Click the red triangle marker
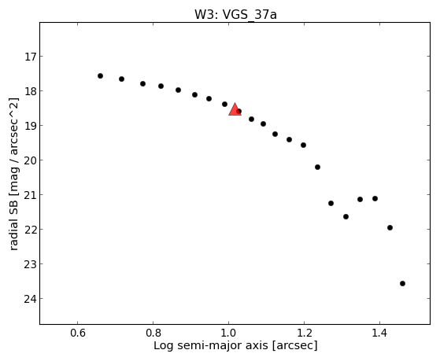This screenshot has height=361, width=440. coord(235,109)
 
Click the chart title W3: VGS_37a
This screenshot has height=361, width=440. coord(235,14)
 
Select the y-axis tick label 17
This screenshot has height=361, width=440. coord(30,57)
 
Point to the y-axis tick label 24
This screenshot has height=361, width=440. coord(30,299)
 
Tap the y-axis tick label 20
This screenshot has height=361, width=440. coord(30,160)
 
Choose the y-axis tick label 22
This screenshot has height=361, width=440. coord(30,230)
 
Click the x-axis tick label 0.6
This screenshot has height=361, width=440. coord(78,333)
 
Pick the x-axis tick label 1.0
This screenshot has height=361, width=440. coord(229,333)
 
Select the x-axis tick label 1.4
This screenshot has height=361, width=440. coord(379,333)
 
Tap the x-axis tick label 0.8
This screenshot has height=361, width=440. coord(153,333)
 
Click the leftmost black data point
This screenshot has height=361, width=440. coord(100,76)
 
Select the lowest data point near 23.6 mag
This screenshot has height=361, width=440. coord(402,283)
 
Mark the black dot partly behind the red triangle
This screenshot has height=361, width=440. coord(239,112)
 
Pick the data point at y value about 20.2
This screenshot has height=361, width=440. coord(317,167)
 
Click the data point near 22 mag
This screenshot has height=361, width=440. coord(390,227)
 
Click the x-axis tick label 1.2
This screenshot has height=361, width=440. coord(304,333)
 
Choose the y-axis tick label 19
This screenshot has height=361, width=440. coord(30,126)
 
